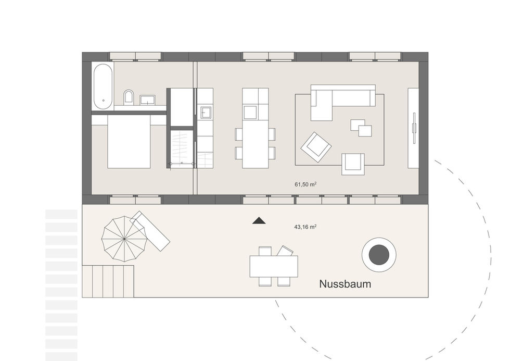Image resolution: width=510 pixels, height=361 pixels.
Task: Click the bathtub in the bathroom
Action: [x=103, y=86]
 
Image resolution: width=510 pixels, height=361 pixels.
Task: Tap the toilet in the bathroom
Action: [x=129, y=97]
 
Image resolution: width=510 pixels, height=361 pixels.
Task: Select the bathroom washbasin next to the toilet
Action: [x=148, y=99]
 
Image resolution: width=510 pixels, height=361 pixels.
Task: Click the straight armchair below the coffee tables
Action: [x=353, y=164]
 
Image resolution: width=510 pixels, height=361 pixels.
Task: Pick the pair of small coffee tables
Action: [x=361, y=128]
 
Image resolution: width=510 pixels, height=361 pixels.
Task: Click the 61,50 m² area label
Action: [x=306, y=184]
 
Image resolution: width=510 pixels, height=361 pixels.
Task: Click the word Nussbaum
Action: [x=345, y=284]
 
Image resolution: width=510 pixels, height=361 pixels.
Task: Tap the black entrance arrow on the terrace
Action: [x=259, y=221]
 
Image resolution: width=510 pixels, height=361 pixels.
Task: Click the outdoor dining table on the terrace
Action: [x=274, y=267]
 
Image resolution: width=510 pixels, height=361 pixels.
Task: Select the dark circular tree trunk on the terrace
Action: [x=379, y=255]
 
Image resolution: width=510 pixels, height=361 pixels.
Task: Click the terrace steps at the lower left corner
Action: [x=108, y=281]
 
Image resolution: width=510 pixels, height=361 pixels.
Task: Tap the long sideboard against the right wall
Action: [x=414, y=128]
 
